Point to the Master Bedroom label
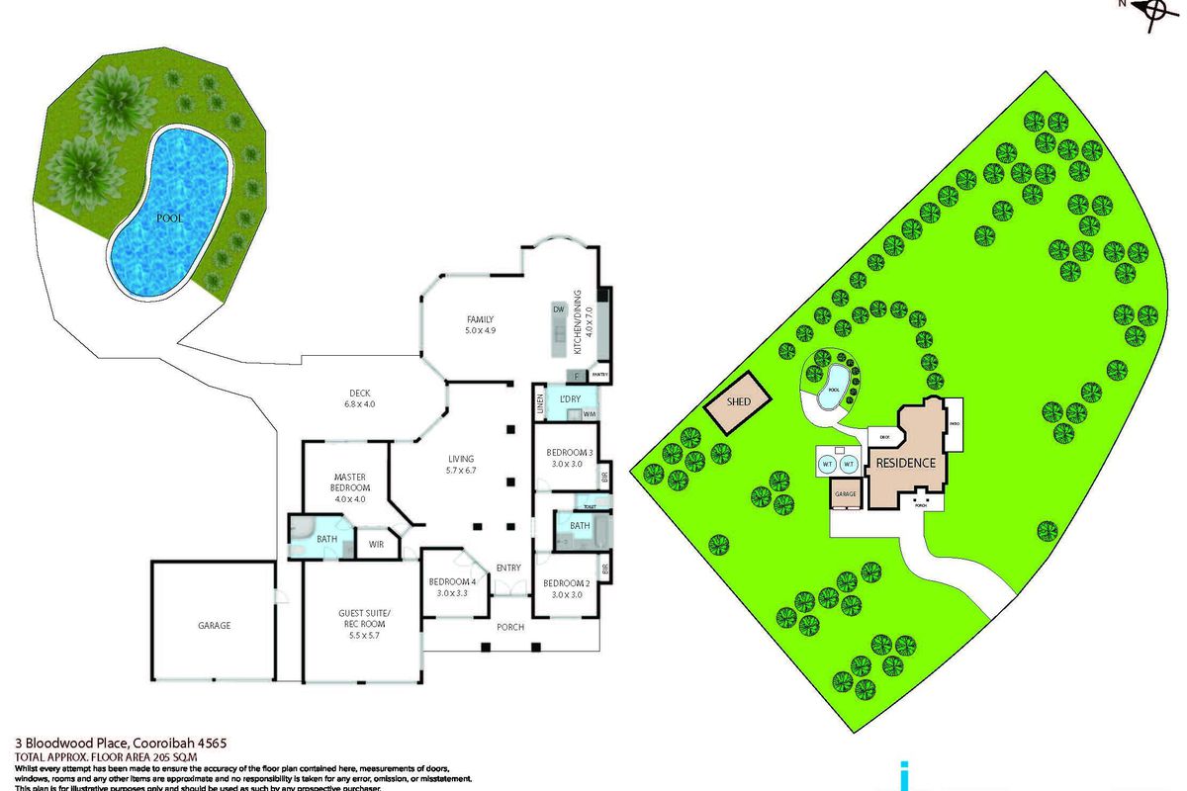click(x=351, y=483)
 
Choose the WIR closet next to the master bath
click(x=375, y=543)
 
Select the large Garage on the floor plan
click(x=214, y=625)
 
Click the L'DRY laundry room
click(x=569, y=398)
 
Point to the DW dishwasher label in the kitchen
click(x=558, y=309)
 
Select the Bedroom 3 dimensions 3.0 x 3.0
click(x=569, y=464)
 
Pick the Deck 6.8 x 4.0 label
click(x=359, y=403)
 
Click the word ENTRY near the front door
click(x=508, y=568)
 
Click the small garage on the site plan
click(x=845, y=493)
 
